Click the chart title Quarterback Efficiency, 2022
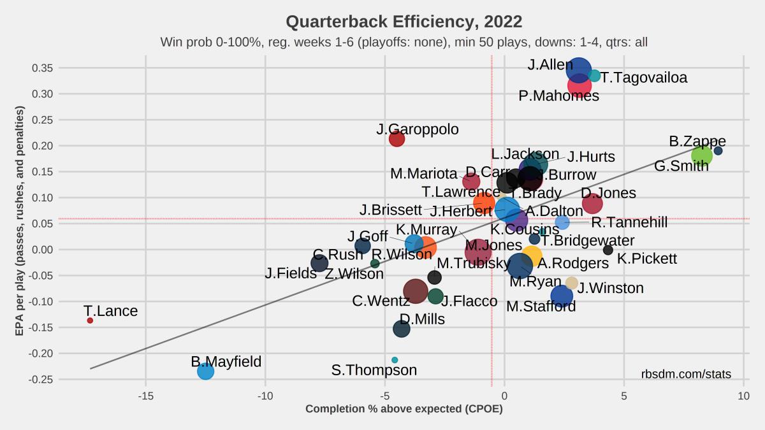click(404, 22)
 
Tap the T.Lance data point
click(90, 320)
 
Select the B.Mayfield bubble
click(205, 371)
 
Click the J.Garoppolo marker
click(397, 138)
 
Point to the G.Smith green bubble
click(701, 155)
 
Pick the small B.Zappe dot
click(718, 151)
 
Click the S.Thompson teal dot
click(395, 360)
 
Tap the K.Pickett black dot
click(608, 250)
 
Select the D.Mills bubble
click(401, 329)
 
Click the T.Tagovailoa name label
click(644, 78)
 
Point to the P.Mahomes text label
click(558, 96)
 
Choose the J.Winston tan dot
click(572, 283)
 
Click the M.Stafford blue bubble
click(562, 296)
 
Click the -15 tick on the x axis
click(145, 396)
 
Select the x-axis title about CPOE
click(404, 409)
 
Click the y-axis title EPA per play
click(20, 221)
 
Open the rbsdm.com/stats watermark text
click(686, 375)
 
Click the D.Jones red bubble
click(592, 203)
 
